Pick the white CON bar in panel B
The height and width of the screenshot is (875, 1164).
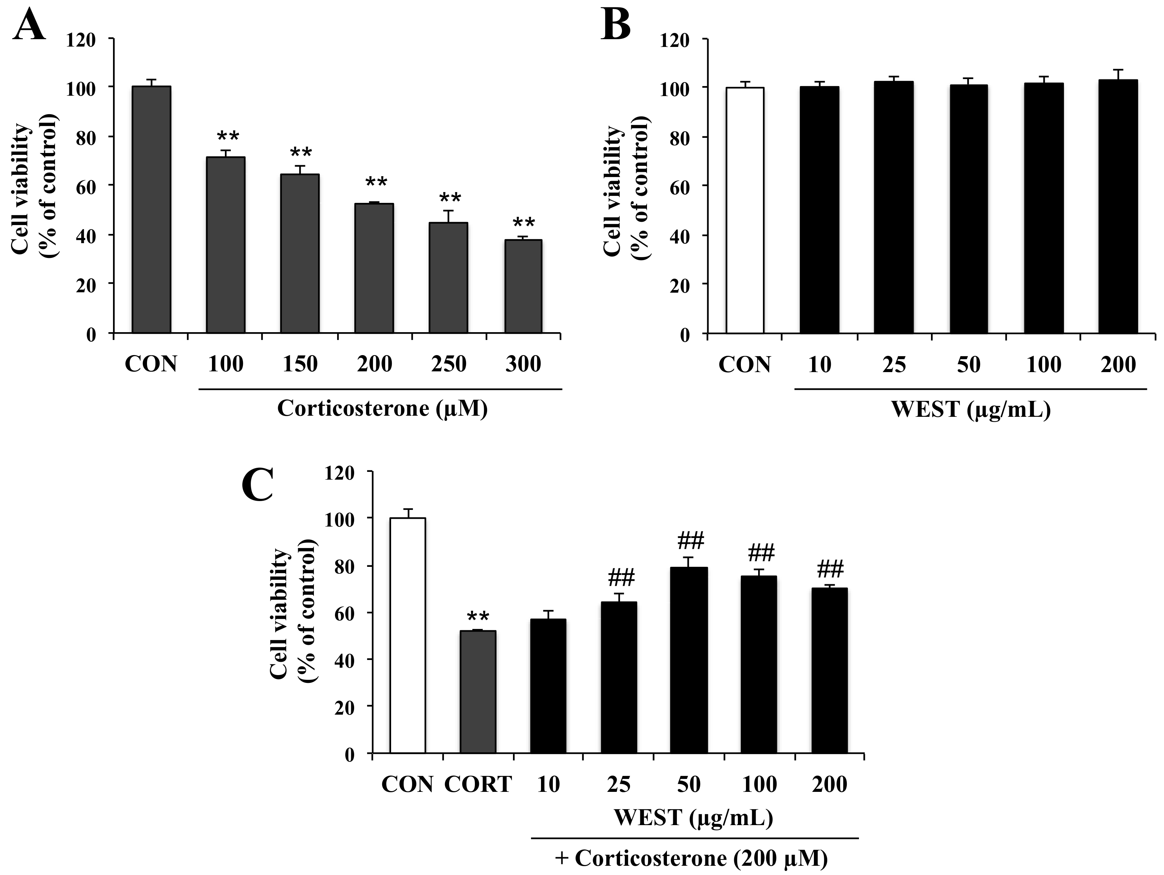[x=744, y=211]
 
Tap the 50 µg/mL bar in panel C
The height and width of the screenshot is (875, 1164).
[x=689, y=660]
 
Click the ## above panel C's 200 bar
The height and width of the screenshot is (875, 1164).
[x=830, y=570]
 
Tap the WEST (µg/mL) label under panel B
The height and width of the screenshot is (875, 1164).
[x=971, y=409]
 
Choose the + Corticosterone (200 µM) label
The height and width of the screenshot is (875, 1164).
[x=691, y=859]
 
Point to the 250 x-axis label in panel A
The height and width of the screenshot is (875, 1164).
[x=448, y=364]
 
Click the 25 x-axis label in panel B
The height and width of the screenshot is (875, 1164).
[x=894, y=364]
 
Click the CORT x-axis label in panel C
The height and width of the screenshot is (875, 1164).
[x=478, y=785]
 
